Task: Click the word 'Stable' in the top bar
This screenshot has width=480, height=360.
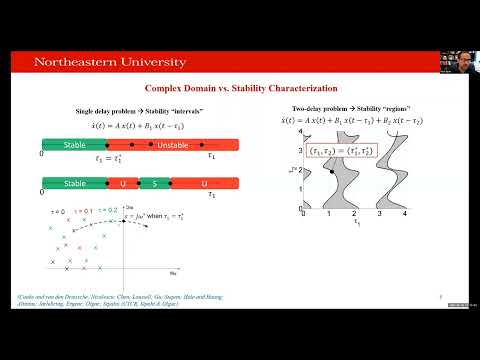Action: [76, 146]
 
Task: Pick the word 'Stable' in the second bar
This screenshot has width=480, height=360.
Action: [76, 183]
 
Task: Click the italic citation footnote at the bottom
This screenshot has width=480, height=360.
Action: [139, 301]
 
